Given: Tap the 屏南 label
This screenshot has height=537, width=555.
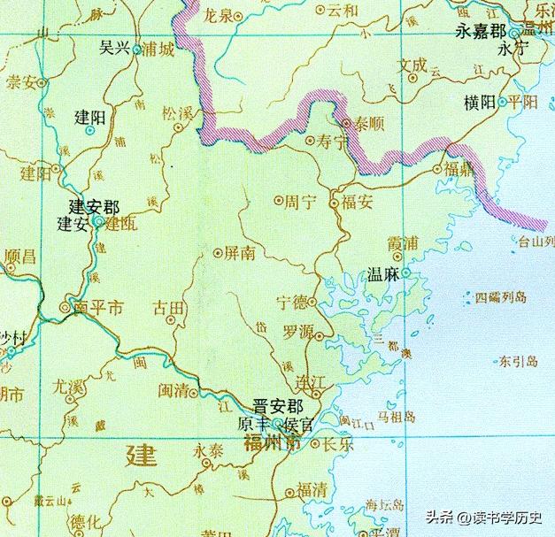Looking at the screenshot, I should (x=240, y=253).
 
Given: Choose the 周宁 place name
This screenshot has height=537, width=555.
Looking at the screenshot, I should (x=299, y=201).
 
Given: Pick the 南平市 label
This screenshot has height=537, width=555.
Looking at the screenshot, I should (x=99, y=308).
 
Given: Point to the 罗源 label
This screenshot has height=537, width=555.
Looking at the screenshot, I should (x=298, y=333).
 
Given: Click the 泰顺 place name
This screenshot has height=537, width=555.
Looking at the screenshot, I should (x=360, y=123).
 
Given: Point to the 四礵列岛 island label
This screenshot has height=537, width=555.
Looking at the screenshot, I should (x=501, y=298).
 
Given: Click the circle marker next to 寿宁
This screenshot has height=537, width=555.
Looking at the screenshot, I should (x=309, y=140).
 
